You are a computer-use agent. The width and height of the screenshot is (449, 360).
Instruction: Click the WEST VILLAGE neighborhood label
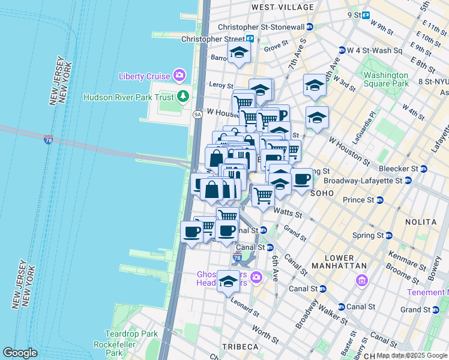(282, 7)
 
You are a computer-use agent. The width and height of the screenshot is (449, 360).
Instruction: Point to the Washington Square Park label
(385, 80)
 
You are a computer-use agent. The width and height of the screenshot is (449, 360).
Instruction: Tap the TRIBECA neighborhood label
(240, 347)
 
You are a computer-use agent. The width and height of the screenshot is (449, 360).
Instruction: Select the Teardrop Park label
(130, 334)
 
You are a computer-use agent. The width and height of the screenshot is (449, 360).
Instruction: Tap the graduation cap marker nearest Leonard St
(228, 281)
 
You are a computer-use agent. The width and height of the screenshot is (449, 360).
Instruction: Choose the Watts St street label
(286, 211)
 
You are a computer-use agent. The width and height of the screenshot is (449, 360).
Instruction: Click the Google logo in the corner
(20, 353)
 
